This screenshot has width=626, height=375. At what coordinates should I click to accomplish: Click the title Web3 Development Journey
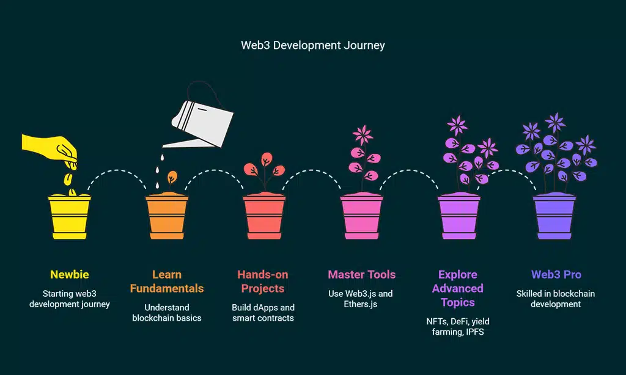pyautogui.click(x=312, y=45)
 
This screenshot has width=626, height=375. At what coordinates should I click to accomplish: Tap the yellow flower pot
pyautogui.click(x=69, y=217)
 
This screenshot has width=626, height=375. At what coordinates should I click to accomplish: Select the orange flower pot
pyautogui.click(x=167, y=217)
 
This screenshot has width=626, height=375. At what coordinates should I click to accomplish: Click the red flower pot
pyautogui.click(x=264, y=217)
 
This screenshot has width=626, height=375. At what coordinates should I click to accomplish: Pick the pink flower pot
pyautogui.click(x=361, y=217)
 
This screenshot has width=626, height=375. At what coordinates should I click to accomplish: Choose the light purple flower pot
pyautogui.click(x=459, y=217)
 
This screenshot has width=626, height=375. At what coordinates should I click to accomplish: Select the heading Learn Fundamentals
pyautogui.click(x=167, y=282)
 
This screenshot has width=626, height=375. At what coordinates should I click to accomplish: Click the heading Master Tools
pyautogui.click(x=361, y=275)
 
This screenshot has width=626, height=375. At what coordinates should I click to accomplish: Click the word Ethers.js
pyautogui.click(x=361, y=304)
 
